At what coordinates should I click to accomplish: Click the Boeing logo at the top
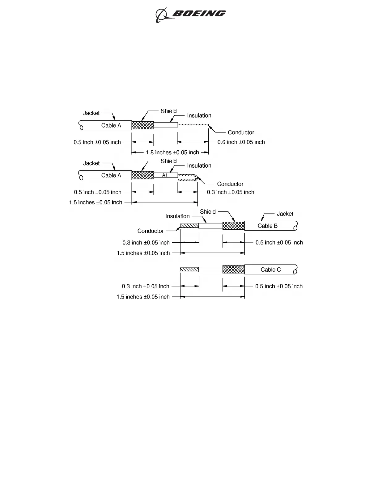tap(190, 14)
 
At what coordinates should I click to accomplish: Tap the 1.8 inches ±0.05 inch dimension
tap(172, 153)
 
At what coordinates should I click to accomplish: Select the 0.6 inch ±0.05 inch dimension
tap(241, 142)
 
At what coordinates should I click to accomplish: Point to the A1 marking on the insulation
tap(165, 175)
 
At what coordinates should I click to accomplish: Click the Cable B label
tap(268, 226)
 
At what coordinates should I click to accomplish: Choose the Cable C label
tap(271, 270)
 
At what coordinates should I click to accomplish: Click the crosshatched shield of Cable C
tap(233, 270)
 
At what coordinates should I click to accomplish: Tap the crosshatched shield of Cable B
tap(233, 226)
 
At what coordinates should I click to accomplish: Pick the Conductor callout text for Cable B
tap(151, 231)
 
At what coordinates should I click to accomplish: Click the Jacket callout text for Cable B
tap(285, 214)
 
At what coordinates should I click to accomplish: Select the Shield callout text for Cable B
tap(208, 211)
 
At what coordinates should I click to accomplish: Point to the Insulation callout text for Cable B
tap(177, 216)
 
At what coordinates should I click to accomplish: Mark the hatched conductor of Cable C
tap(189, 270)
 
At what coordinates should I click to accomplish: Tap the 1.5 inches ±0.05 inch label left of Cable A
tap(96, 203)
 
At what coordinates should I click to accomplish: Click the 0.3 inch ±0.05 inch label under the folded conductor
tap(231, 192)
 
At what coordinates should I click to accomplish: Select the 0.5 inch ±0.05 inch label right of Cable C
tap(279, 286)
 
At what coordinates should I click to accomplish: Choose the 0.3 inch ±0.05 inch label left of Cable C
tap(146, 286)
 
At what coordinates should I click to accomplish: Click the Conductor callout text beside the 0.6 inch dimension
tap(241, 132)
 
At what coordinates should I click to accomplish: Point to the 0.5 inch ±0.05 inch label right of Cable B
tap(279, 242)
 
